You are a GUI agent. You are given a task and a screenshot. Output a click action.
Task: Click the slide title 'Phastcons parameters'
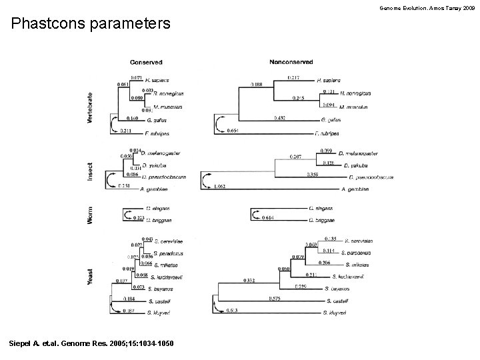pos(91,25)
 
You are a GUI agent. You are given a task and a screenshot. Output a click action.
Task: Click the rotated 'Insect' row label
pos(91,171)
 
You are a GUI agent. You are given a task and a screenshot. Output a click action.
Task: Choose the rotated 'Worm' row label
pos(91,214)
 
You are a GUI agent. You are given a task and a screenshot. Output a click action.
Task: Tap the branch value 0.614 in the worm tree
pos(268,217)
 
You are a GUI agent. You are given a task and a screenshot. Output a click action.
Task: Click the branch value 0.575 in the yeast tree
pos(274,299)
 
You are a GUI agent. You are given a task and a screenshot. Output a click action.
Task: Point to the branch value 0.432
pos(281,117)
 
